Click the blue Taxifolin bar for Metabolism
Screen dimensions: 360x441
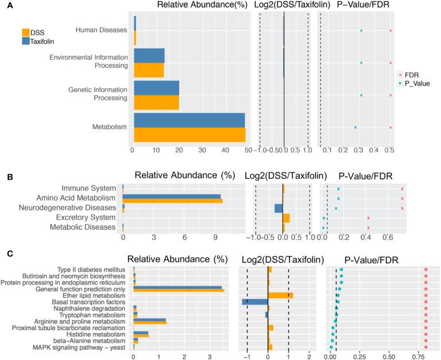(x=189, y=120)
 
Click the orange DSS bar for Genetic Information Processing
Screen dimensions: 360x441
(x=156, y=102)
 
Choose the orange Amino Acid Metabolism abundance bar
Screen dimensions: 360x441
(x=172, y=200)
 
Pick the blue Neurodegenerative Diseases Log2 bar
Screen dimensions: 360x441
(x=278, y=208)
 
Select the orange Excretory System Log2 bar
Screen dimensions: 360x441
(x=286, y=218)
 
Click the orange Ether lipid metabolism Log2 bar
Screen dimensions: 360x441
(x=280, y=296)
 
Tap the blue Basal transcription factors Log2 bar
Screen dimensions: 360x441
(x=255, y=301)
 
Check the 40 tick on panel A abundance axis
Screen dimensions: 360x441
(x=225, y=150)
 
